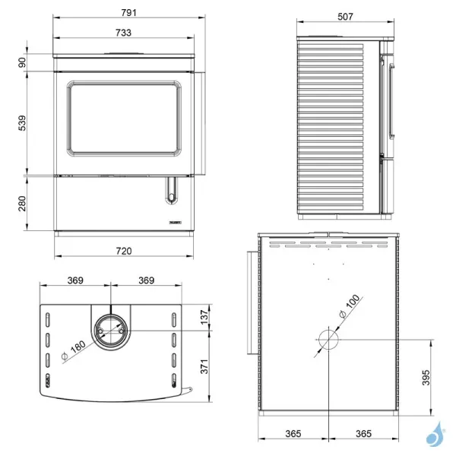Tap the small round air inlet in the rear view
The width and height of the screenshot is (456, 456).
pos(328,340)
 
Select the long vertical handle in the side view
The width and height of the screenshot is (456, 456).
pos(391,100)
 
